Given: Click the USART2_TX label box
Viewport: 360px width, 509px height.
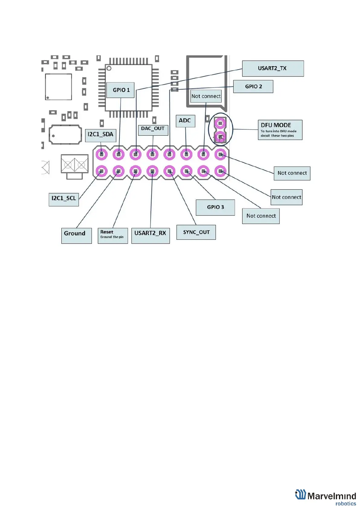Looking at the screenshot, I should (273, 69).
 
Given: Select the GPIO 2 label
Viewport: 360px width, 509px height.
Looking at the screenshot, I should (253, 86).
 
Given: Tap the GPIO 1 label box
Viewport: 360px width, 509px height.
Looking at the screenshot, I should (121, 90).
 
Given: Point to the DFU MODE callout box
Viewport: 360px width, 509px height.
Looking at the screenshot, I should (280, 130).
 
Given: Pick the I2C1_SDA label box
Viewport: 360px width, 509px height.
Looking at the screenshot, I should (101, 135).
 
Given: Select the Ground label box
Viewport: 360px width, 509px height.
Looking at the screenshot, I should (76, 235).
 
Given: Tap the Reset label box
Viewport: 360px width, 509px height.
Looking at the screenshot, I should (113, 235).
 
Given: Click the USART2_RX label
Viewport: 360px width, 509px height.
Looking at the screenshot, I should (151, 235).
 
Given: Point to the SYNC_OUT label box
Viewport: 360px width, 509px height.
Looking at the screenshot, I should (196, 232).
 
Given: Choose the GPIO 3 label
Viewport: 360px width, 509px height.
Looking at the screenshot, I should (215, 207).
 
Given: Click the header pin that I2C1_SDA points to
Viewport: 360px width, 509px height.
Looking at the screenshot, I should (102, 154).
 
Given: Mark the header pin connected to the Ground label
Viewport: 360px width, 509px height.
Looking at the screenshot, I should (118, 171).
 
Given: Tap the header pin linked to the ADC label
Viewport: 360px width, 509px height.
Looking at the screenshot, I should (186, 154).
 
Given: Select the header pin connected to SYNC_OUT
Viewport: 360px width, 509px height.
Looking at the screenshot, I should (169, 171).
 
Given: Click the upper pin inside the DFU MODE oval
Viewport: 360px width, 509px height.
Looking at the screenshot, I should (220, 123).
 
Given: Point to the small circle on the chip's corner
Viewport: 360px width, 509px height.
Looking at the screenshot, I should (109, 68).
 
